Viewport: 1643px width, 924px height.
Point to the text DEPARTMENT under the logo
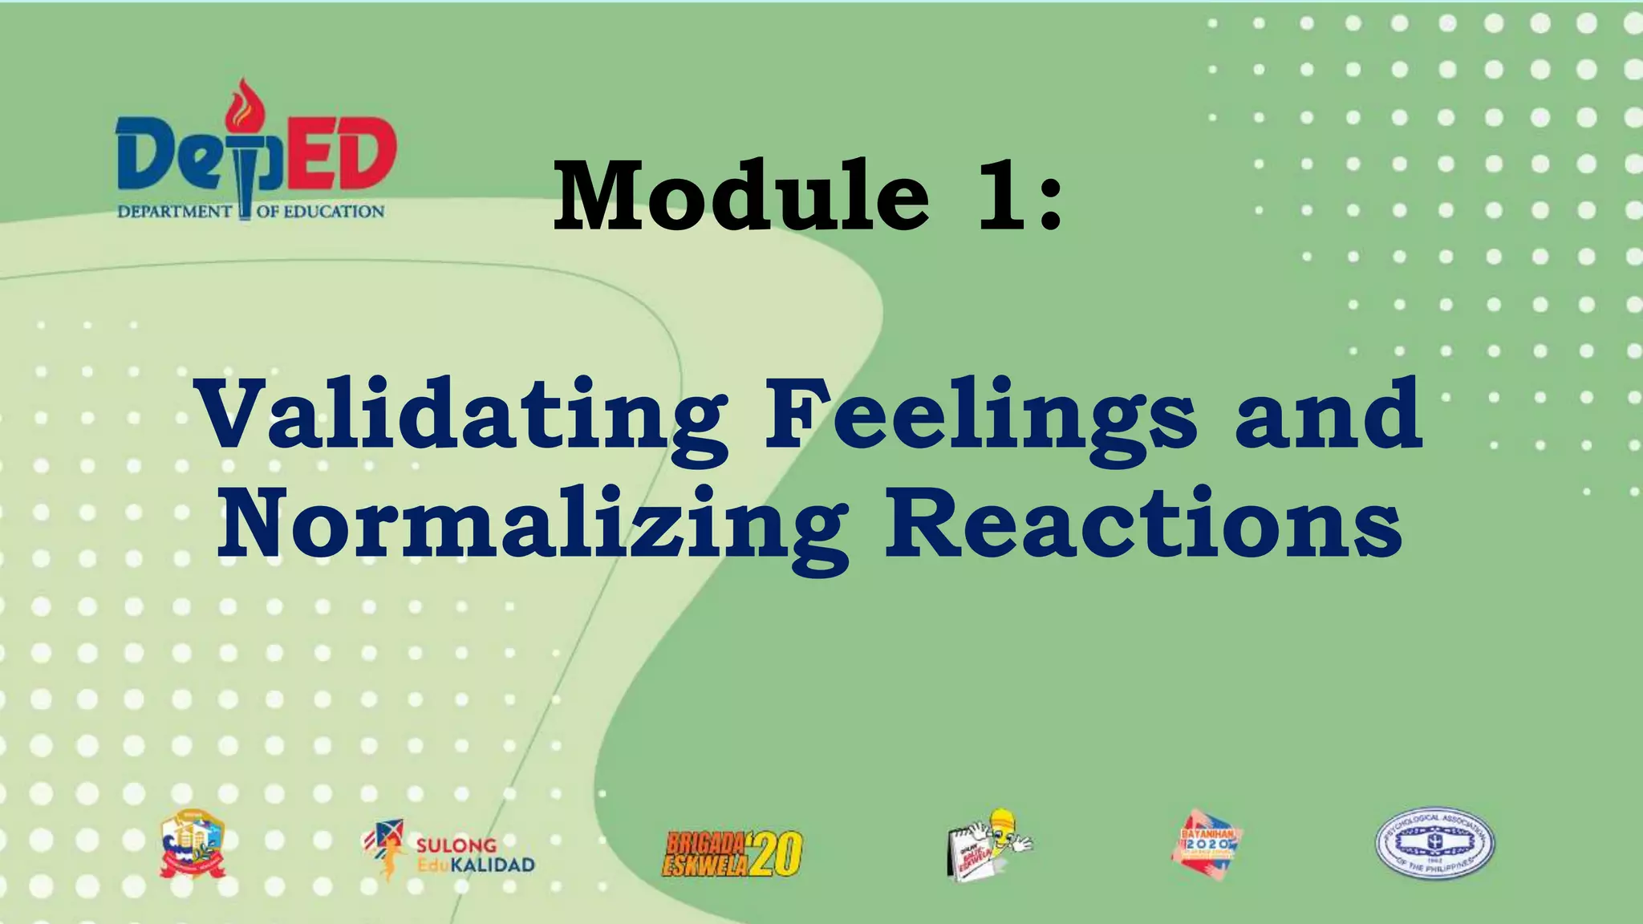click(x=175, y=212)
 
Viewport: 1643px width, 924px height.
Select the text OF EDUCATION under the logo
click(x=321, y=212)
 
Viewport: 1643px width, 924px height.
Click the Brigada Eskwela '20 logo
click(x=732, y=853)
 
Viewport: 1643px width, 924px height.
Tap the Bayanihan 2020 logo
click(x=1207, y=845)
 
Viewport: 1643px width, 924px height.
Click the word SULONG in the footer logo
click(x=456, y=845)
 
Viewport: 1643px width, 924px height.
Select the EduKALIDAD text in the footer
click(x=476, y=865)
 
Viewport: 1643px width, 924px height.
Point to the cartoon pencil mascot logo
click(x=989, y=844)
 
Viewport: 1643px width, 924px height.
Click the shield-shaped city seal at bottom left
click(x=193, y=844)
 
